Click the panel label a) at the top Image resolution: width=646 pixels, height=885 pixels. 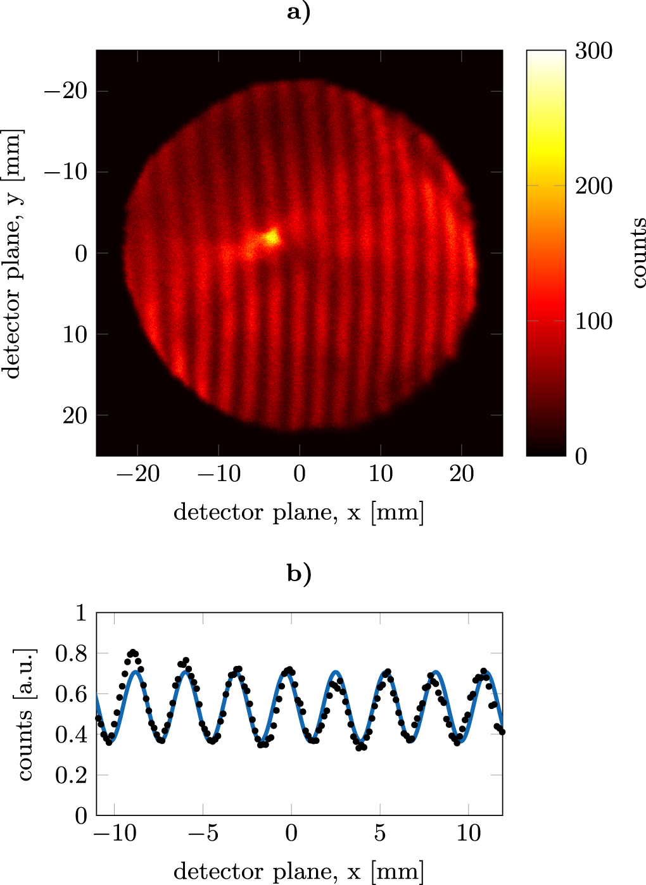point(299,12)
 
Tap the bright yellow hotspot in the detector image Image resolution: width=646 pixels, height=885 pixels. point(272,237)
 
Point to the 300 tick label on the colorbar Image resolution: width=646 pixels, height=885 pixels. point(593,51)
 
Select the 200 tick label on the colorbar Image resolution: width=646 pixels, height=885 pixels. point(593,186)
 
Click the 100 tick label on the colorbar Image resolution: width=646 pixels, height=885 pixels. point(593,321)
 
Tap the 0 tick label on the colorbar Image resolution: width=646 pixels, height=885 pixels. point(581,456)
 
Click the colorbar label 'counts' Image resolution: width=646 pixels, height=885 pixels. point(638,253)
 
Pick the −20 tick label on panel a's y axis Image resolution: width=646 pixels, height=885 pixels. point(66,91)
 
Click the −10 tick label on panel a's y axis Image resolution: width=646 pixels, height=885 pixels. point(66,172)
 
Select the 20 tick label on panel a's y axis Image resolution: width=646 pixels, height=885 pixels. point(75,415)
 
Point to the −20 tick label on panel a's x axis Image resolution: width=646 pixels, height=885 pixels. point(137,474)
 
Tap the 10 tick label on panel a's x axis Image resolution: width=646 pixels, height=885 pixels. point(381,474)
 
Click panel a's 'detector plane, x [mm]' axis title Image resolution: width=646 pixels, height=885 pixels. point(299,512)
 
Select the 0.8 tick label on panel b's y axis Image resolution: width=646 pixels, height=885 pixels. point(71,653)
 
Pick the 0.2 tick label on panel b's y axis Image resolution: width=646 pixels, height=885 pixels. point(71,775)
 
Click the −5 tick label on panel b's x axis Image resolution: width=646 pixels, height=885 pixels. point(203,833)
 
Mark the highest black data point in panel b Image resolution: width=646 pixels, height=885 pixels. point(133,652)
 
